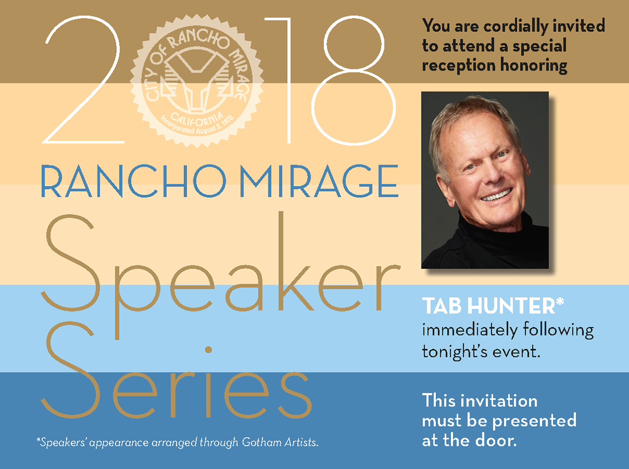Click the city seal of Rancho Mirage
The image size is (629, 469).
(197, 81)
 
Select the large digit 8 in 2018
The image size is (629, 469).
(354, 80)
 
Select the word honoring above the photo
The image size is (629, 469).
(534, 66)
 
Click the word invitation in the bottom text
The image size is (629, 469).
(499, 400)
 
